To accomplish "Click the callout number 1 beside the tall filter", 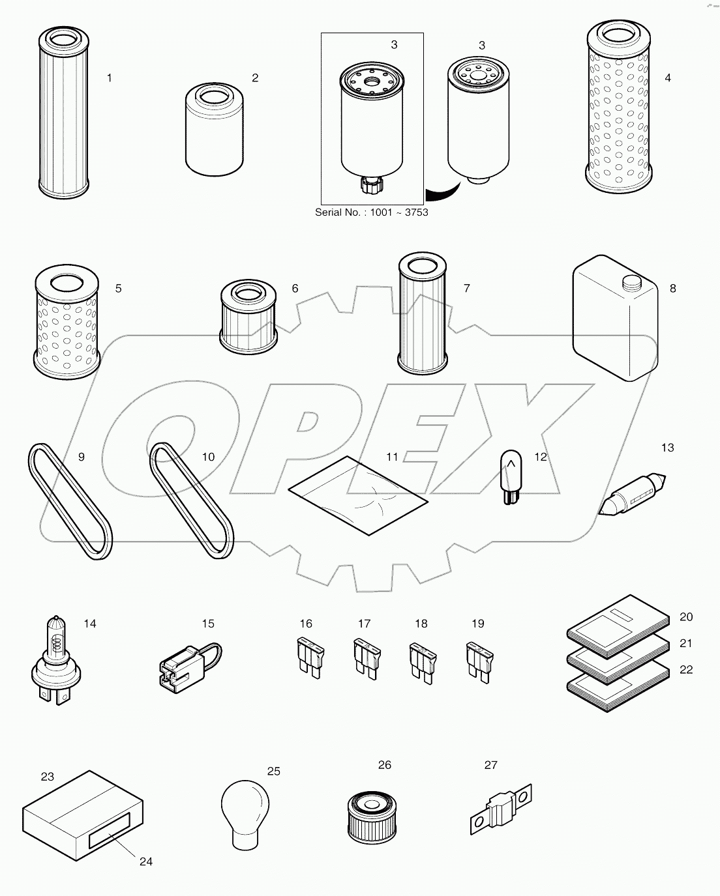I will tap(110, 78).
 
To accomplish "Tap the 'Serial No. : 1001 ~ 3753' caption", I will tap(372, 212).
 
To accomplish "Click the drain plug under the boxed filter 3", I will tap(369, 186).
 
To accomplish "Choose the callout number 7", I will tap(467, 288).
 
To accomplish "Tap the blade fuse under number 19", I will tap(477, 661).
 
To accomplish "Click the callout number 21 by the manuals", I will tap(686, 643).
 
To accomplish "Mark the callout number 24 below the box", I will tap(146, 861).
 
